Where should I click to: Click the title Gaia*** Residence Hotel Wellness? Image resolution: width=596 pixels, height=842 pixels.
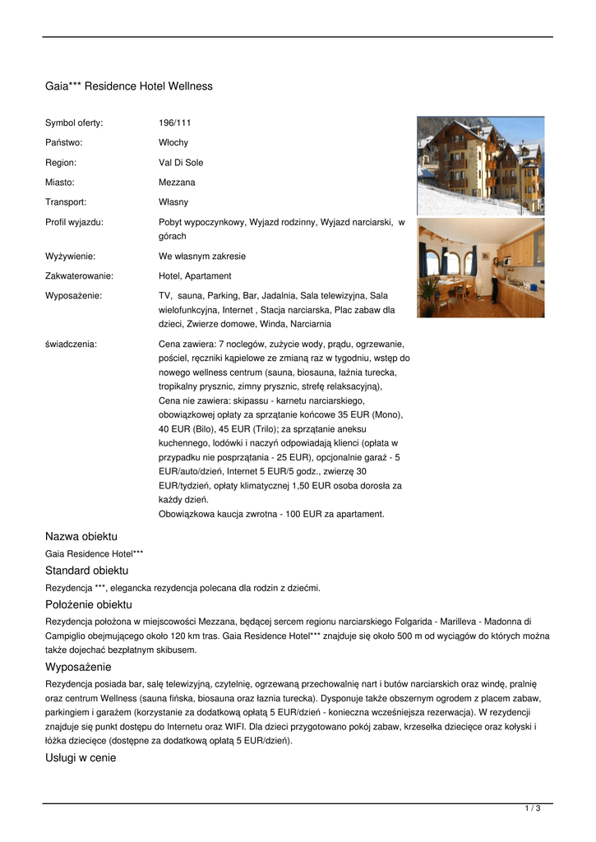(128, 86)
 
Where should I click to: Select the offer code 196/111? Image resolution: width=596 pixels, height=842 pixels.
(174, 123)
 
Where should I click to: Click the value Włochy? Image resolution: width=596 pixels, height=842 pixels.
(173, 142)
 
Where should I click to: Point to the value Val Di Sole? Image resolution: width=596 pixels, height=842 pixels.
(181, 162)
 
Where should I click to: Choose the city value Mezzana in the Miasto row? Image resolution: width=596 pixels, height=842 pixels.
(177, 182)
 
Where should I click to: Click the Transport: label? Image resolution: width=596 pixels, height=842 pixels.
(66, 201)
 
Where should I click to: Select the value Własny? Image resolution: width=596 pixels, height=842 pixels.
(173, 201)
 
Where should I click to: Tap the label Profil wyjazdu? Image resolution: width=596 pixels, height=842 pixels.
(74, 221)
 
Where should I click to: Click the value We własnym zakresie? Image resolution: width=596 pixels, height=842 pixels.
(202, 256)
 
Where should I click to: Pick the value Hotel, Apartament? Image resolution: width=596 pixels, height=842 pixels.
(195, 275)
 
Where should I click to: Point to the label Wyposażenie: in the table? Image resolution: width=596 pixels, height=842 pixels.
(73, 295)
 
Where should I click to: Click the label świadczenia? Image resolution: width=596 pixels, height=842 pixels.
(71, 344)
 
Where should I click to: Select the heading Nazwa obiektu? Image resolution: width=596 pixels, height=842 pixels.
(81, 536)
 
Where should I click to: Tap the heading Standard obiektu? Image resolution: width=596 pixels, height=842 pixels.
(86, 570)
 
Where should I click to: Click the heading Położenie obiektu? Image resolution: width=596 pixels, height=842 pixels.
(88, 604)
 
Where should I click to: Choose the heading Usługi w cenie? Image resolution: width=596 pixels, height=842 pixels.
(81, 758)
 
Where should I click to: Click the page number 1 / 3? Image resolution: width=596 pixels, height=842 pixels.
(532, 809)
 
